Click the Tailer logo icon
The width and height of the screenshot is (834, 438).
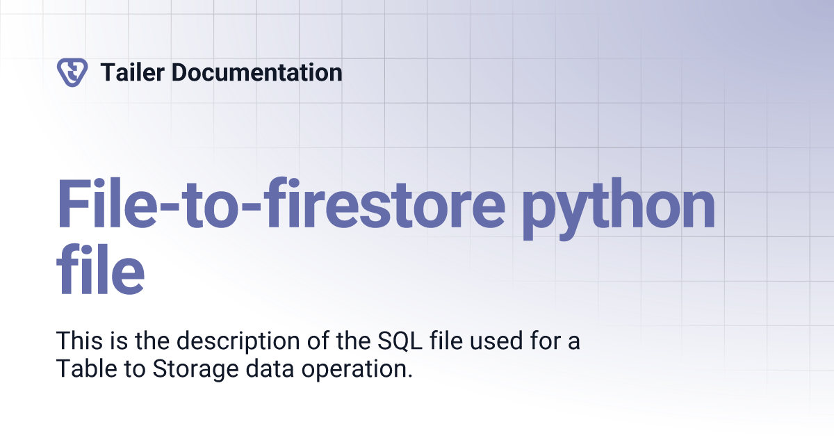[x=72, y=72]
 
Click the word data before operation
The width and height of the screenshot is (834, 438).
[x=270, y=368]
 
